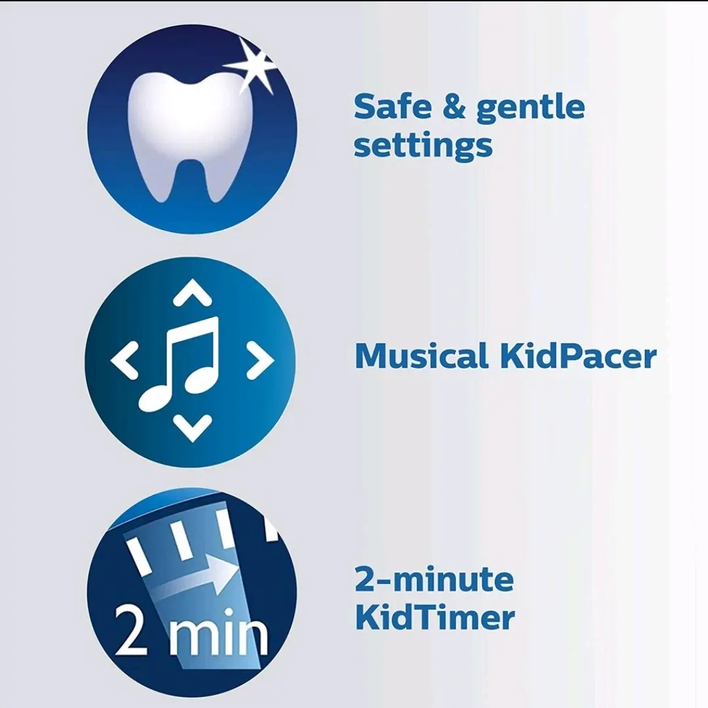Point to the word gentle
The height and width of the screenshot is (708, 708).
pyautogui.click(x=531, y=109)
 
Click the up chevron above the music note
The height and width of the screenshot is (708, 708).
pyautogui.click(x=192, y=293)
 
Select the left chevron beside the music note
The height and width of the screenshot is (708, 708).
pyautogui.click(x=124, y=361)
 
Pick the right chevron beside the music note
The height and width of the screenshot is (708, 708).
pyautogui.click(x=260, y=361)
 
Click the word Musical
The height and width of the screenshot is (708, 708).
pyautogui.click(x=421, y=356)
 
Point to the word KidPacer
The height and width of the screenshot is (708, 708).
pyautogui.click(x=579, y=356)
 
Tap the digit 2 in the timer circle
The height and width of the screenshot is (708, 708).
pyautogui.click(x=131, y=629)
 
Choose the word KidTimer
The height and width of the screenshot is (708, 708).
pyautogui.click(x=434, y=617)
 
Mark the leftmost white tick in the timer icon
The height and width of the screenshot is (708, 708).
pyautogui.click(x=138, y=556)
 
